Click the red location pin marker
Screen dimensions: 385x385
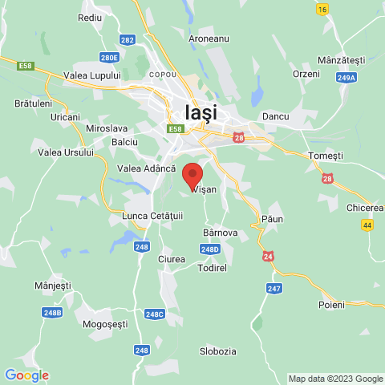click(x=192, y=173)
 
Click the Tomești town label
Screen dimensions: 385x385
click(x=325, y=155)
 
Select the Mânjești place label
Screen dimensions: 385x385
click(x=53, y=285)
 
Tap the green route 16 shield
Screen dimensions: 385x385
click(x=322, y=9)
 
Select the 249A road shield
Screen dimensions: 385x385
click(x=346, y=78)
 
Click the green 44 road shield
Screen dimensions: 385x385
click(x=367, y=225)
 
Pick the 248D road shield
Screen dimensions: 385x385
click(x=209, y=249)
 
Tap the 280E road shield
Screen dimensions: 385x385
click(x=109, y=58)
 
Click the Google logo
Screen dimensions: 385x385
click(x=26, y=375)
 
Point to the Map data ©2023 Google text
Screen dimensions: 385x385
click(x=335, y=379)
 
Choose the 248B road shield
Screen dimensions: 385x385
click(x=53, y=312)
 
